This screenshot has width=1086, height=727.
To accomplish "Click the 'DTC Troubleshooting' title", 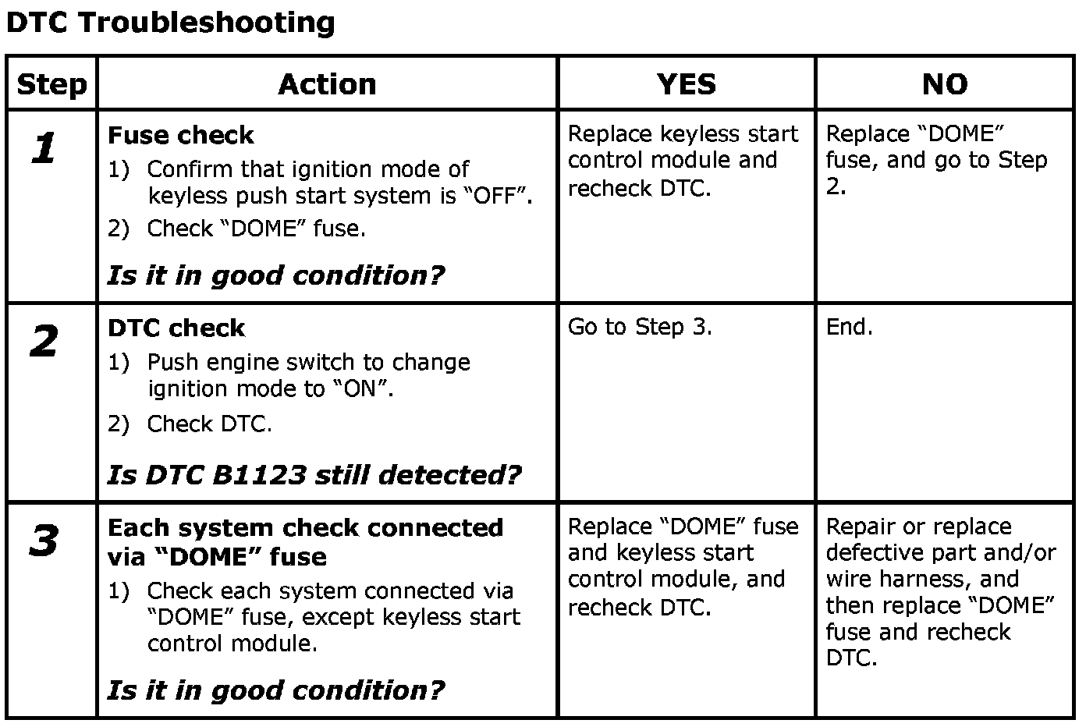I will [170, 23].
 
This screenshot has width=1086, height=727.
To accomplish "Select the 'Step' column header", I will [51, 84].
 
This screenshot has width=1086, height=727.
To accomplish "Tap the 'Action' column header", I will [327, 84].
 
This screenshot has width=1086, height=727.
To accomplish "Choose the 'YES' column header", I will [686, 84].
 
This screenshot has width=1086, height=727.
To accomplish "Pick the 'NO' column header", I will [944, 84].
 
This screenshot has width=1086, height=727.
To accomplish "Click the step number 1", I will [44, 148].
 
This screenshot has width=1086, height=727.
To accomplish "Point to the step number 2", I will [44, 342].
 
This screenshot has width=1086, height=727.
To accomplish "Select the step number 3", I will [44, 541].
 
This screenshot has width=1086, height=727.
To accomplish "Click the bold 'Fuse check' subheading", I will [180, 136].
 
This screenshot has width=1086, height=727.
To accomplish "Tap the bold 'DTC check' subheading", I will [176, 328].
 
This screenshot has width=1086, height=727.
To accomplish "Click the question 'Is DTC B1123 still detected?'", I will [314, 474].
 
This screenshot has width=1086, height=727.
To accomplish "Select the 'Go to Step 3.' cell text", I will [640, 327].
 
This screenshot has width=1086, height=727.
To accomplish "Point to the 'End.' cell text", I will [849, 327].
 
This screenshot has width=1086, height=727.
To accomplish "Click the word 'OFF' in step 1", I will [499, 195].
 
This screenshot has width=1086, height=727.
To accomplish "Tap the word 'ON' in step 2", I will [360, 388].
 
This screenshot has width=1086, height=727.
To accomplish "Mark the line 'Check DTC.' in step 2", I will [209, 424].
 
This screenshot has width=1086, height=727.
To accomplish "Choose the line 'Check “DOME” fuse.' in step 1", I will [256, 229].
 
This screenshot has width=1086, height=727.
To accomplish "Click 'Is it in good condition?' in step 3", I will [275, 690].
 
